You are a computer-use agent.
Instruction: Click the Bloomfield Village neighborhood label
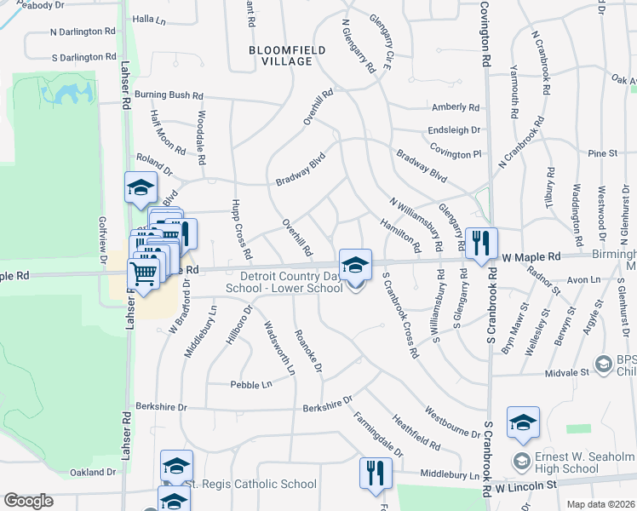pyautogui.click(x=287, y=56)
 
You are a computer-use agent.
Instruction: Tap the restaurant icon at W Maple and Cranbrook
pyautogui.click(x=481, y=242)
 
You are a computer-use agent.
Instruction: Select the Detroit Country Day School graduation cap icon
pyautogui.click(x=355, y=264)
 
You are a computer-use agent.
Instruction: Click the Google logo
pyautogui.click(x=28, y=501)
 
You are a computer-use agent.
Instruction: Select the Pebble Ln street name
pyautogui.click(x=250, y=385)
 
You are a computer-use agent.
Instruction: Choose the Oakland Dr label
pyautogui.click(x=92, y=472)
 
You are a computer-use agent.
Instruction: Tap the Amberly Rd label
pyautogui.click(x=456, y=107)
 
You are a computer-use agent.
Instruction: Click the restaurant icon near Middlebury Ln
pyautogui.click(x=376, y=473)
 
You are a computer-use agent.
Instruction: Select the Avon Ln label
pyautogui.click(x=583, y=279)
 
